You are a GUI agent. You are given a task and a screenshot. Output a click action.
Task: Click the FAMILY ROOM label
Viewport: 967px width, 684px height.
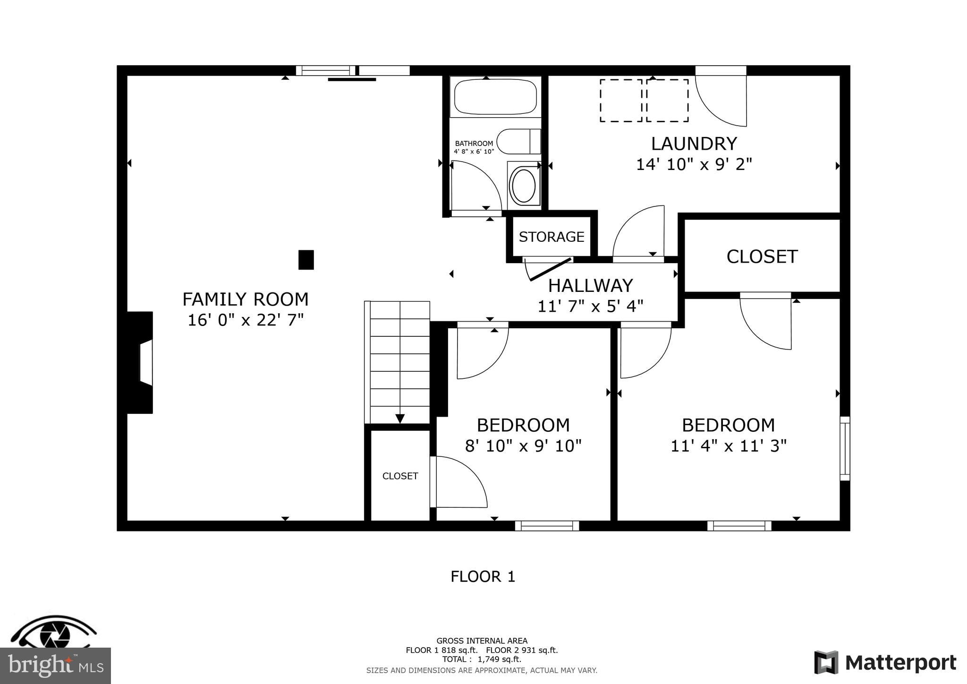pyautogui.click(x=245, y=299)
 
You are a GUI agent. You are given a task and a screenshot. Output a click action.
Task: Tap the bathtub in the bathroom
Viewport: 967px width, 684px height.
pyautogui.click(x=495, y=97)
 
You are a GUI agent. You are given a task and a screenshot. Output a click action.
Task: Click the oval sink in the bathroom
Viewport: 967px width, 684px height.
pyautogui.click(x=523, y=186)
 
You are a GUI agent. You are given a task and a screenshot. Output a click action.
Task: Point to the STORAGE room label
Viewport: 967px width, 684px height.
pyautogui.click(x=551, y=237)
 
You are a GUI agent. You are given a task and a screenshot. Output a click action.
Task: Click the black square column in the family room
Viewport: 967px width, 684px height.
pyautogui.click(x=306, y=260)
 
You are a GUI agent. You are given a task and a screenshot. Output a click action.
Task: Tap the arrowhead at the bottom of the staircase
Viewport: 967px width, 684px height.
pyautogui.click(x=400, y=419)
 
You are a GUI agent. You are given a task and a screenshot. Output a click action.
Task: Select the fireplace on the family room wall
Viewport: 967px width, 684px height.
pyautogui.click(x=141, y=362)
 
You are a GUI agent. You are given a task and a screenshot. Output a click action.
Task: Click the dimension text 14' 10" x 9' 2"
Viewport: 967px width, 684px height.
pyautogui.click(x=694, y=164)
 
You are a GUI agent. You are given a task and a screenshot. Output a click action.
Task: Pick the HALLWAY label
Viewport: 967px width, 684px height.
pyautogui.click(x=590, y=285)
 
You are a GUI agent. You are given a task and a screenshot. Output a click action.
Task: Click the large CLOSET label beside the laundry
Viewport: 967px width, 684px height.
pyautogui.click(x=762, y=256)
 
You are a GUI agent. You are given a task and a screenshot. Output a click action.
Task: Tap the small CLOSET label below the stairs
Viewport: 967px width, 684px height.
pyautogui.click(x=400, y=476)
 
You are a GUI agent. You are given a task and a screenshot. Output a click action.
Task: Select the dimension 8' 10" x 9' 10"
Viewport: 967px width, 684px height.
pyautogui.click(x=523, y=445)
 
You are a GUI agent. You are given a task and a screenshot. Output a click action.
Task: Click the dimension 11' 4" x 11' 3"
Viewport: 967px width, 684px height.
pyautogui.click(x=728, y=445)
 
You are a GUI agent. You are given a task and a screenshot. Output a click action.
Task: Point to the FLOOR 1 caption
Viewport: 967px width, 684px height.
pyautogui.click(x=483, y=576)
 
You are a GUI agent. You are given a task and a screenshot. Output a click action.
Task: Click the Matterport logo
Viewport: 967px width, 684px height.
pyautogui.click(x=885, y=662)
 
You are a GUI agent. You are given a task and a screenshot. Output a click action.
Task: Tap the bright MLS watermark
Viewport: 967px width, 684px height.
pyautogui.click(x=56, y=666)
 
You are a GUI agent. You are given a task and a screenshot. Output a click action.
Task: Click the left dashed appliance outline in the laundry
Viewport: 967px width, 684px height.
pyautogui.click(x=620, y=101)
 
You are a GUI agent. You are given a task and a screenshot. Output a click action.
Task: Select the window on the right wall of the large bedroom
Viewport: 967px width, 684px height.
pyautogui.click(x=845, y=448)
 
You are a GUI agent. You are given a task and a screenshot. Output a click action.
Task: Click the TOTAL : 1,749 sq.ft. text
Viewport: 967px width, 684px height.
pyautogui.click(x=482, y=659)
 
